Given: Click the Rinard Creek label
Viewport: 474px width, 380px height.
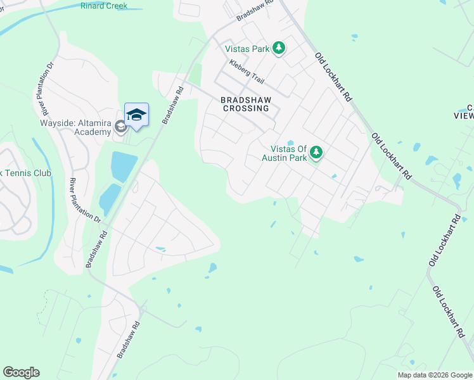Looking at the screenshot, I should pyautogui.click(x=104, y=6).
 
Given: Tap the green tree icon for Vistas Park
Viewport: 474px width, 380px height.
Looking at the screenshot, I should pyautogui.click(x=278, y=48).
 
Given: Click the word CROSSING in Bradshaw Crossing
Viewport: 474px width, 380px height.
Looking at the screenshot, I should pyautogui.click(x=246, y=108).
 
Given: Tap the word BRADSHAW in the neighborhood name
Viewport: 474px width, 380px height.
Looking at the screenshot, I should pyautogui.click(x=246, y=99).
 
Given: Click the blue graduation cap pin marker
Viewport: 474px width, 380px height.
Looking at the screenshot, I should pyautogui.click(x=136, y=115).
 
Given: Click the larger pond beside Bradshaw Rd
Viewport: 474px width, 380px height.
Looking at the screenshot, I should pyautogui.click(x=124, y=167).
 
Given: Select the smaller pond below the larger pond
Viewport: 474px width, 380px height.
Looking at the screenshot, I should pyautogui.click(x=110, y=199).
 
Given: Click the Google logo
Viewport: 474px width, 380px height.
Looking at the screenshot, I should pyautogui.click(x=21, y=372).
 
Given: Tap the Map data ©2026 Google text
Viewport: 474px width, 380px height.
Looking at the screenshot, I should pyautogui.click(x=435, y=375).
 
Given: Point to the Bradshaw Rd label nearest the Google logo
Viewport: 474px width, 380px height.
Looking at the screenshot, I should pyautogui.click(x=124, y=347).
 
